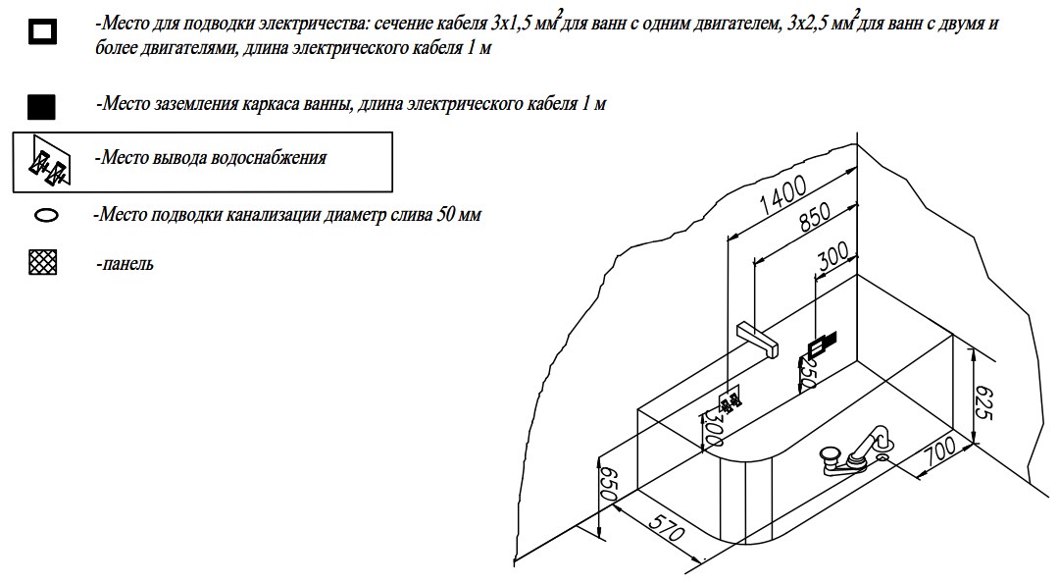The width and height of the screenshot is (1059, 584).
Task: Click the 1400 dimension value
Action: pyautogui.click(x=782, y=195)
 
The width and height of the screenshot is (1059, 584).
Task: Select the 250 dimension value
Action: pyautogui.click(x=807, y=373)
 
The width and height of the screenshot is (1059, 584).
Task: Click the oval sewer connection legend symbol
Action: pyautogui.click(x=46, y=215)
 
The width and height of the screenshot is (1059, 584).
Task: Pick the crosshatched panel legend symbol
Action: pyautogui.click(x=44, y=263)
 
